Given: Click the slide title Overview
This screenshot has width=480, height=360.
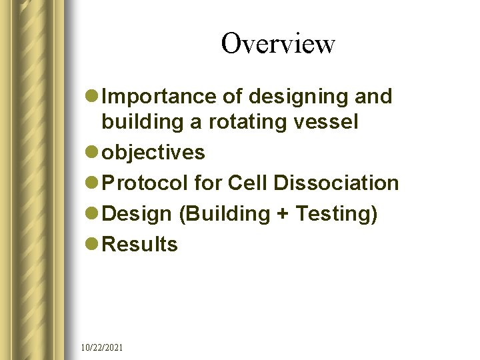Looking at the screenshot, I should pyautogui.click(x=278, y=44).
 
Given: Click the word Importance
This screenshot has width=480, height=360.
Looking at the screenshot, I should pyautogui.click(x=162, y=97).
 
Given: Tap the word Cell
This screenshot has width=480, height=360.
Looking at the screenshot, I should pyautogui.click(x=247, y=183).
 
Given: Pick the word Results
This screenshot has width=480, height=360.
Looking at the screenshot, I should pyautogui.click(x=141, y=244).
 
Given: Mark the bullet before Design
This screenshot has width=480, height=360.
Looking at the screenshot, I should pyautogui.click(x=93, y=214).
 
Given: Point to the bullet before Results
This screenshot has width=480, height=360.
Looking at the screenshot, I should pyautogui.click(x=93, y=245).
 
